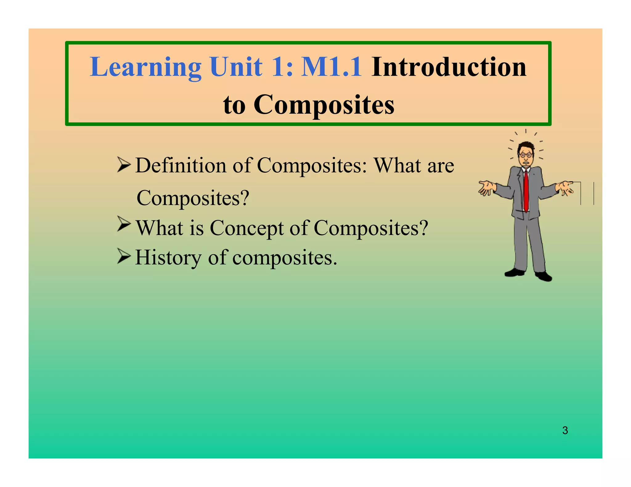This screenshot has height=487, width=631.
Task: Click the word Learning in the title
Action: click(145, 67)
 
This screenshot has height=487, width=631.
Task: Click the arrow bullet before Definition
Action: click(124, 165)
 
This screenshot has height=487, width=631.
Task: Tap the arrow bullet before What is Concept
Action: click(124, 224)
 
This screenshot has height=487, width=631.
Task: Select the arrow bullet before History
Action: click(124, 256)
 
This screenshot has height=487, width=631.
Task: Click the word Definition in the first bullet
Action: click(181, 165)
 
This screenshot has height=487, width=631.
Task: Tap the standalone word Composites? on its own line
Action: click(193, 198)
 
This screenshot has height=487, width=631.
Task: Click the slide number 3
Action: click(565, 430)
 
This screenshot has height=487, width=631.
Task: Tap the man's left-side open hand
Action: click(487, 188)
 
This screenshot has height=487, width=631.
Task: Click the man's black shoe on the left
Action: click(514, 272)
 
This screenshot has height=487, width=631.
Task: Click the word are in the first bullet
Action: click(441, 165)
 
